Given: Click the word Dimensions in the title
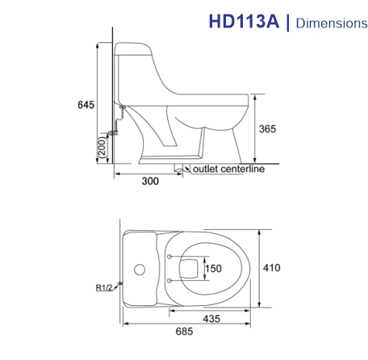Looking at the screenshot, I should tap(331, 23).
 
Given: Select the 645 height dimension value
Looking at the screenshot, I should tap(86, 105).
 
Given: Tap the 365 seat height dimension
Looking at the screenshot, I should tap(267, 130).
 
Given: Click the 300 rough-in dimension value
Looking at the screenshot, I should tap(149, 182).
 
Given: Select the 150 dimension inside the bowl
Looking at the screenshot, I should tap(212, 268).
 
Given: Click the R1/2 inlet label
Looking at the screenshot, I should tap(103, 284).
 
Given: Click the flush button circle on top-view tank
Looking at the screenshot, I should tap(139, 267).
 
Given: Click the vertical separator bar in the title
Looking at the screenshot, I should tap(288, 22).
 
